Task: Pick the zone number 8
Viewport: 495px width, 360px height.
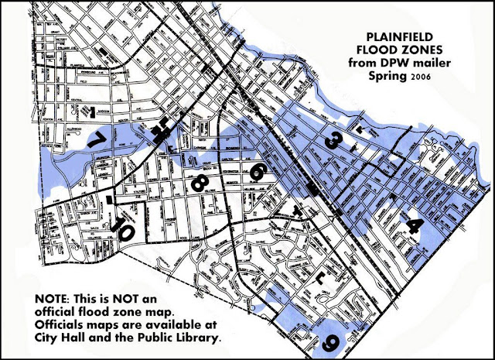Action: [198, 183]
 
